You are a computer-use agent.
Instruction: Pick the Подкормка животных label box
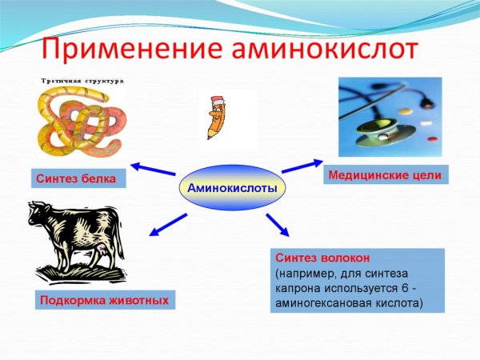(x=104, y=301)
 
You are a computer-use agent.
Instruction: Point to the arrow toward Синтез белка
(x=153, y=168)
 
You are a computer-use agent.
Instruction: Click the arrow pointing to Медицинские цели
(x=300, y=165)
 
